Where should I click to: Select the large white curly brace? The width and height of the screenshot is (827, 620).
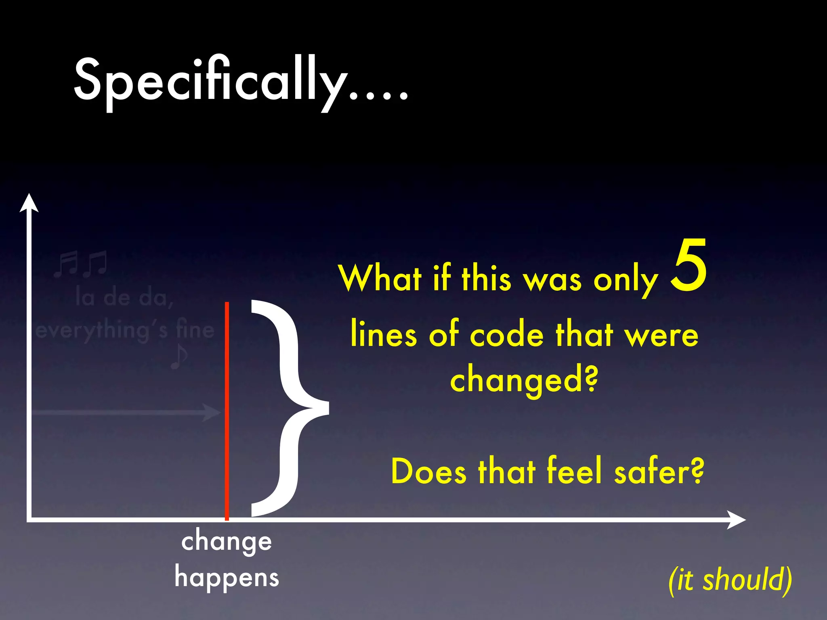point(289,408)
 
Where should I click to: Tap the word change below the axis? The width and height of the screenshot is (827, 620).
point(227,542)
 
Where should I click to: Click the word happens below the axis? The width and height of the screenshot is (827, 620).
point(227,578)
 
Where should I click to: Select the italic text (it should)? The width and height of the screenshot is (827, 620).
point(730,580)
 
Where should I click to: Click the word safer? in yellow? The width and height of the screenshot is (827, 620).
point(659,471)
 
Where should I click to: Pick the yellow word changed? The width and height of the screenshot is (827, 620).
point(524,380)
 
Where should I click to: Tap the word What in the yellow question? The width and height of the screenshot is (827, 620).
point(380,279)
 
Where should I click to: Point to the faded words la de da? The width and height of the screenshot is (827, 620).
point(124,298)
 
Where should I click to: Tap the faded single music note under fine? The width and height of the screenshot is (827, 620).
point(178,356)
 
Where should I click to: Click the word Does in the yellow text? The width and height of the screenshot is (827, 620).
point(429,471)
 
